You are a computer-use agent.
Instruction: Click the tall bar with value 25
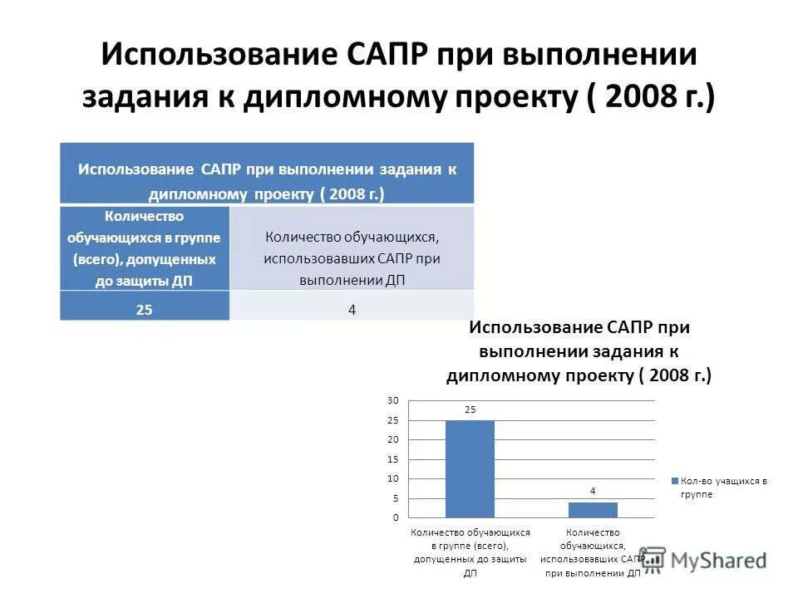470,468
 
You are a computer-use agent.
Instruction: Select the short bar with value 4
593,509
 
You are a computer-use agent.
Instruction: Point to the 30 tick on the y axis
392,400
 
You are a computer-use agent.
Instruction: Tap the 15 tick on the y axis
392,459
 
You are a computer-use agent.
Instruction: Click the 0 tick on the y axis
395,517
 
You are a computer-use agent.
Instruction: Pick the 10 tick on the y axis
392,478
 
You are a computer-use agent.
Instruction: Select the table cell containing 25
145,309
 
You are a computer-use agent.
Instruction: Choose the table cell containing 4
352,309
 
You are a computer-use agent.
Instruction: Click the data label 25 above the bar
470,409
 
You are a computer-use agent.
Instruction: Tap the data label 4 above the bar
593,491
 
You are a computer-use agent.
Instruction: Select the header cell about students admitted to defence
145,248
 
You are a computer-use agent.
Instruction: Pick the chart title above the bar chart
579,351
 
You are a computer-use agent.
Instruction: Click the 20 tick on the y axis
392,439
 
